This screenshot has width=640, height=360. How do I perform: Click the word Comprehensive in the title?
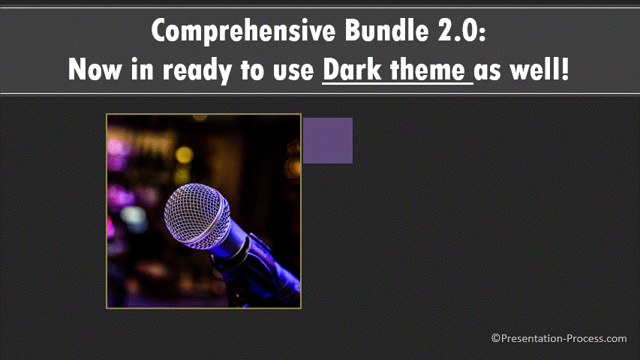243,31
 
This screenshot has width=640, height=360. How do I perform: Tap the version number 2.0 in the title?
457,30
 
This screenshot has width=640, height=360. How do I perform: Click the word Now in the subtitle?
95,69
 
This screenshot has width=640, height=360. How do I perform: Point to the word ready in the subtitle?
197,70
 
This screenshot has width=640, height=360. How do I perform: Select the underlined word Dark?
352,69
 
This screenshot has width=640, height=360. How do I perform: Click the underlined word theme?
428,69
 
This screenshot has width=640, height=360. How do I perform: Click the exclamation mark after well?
565,69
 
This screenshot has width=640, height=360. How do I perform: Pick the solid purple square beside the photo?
328,141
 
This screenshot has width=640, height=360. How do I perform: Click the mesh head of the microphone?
197,215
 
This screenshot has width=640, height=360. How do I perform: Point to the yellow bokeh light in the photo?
184,155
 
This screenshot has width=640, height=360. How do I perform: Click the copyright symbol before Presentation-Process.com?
495,338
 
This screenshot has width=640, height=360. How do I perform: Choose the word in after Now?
142,70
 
